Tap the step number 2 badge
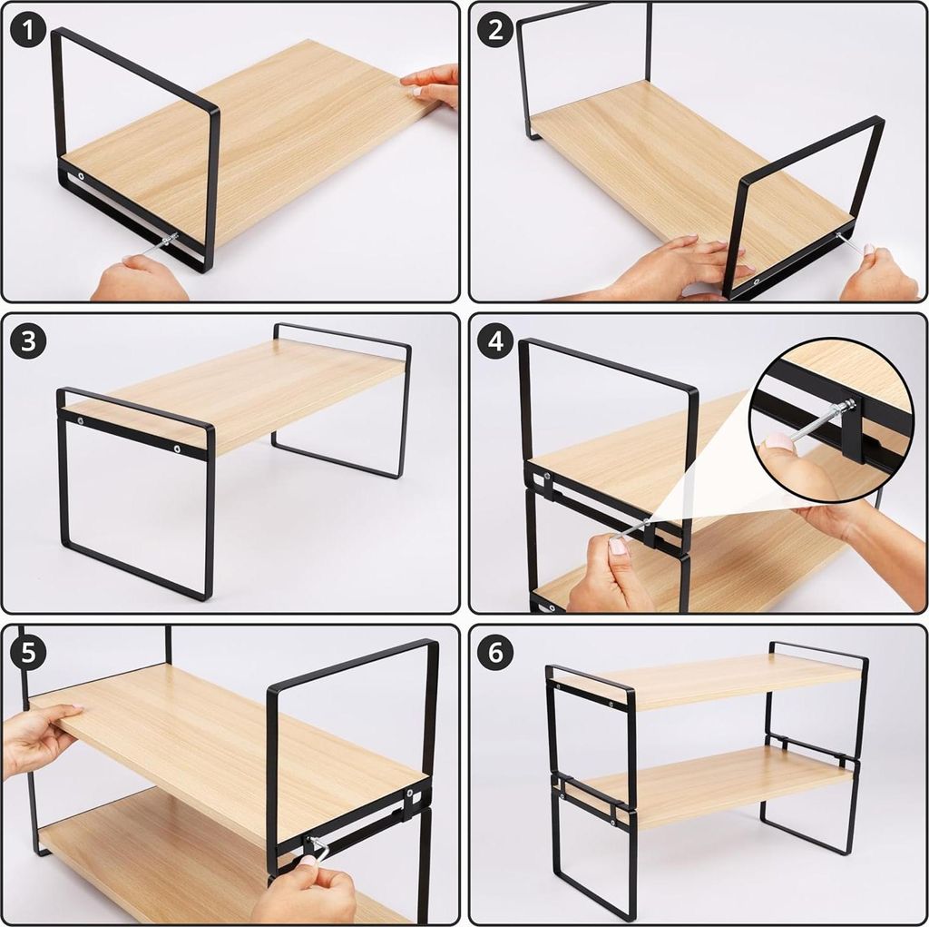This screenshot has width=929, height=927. point(495,30)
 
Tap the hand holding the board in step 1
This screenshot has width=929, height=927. point(434,84)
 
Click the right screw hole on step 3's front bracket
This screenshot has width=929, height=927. point(177,449)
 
